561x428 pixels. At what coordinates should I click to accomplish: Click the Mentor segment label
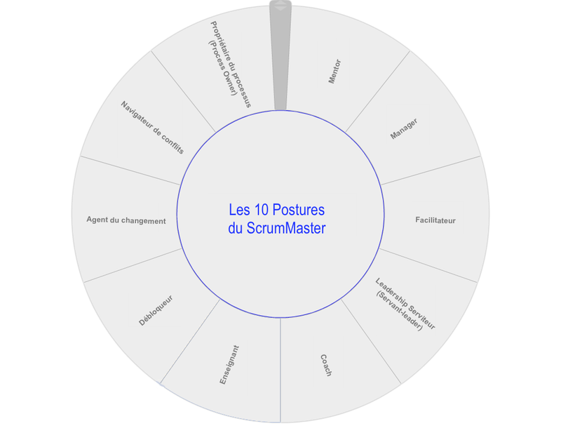335,72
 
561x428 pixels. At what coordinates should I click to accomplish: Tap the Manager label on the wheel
404,129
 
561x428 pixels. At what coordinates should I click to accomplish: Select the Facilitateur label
435,220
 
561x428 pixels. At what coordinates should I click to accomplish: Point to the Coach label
326,366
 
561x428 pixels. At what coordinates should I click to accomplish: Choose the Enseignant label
229,365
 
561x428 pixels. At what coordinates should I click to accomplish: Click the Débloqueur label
156,310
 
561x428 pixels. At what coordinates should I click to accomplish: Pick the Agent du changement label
126,220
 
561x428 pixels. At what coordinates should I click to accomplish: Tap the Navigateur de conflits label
152,128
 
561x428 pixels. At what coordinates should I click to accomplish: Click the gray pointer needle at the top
280,55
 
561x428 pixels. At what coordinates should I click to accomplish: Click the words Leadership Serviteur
405,304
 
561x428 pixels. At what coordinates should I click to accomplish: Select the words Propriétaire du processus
231,65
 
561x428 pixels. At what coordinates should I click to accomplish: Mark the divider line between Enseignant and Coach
280,370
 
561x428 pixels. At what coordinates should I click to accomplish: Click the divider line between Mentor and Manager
377,92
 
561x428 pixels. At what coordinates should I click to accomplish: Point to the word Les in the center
239,210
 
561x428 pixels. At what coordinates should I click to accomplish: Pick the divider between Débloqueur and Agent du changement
133,265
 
